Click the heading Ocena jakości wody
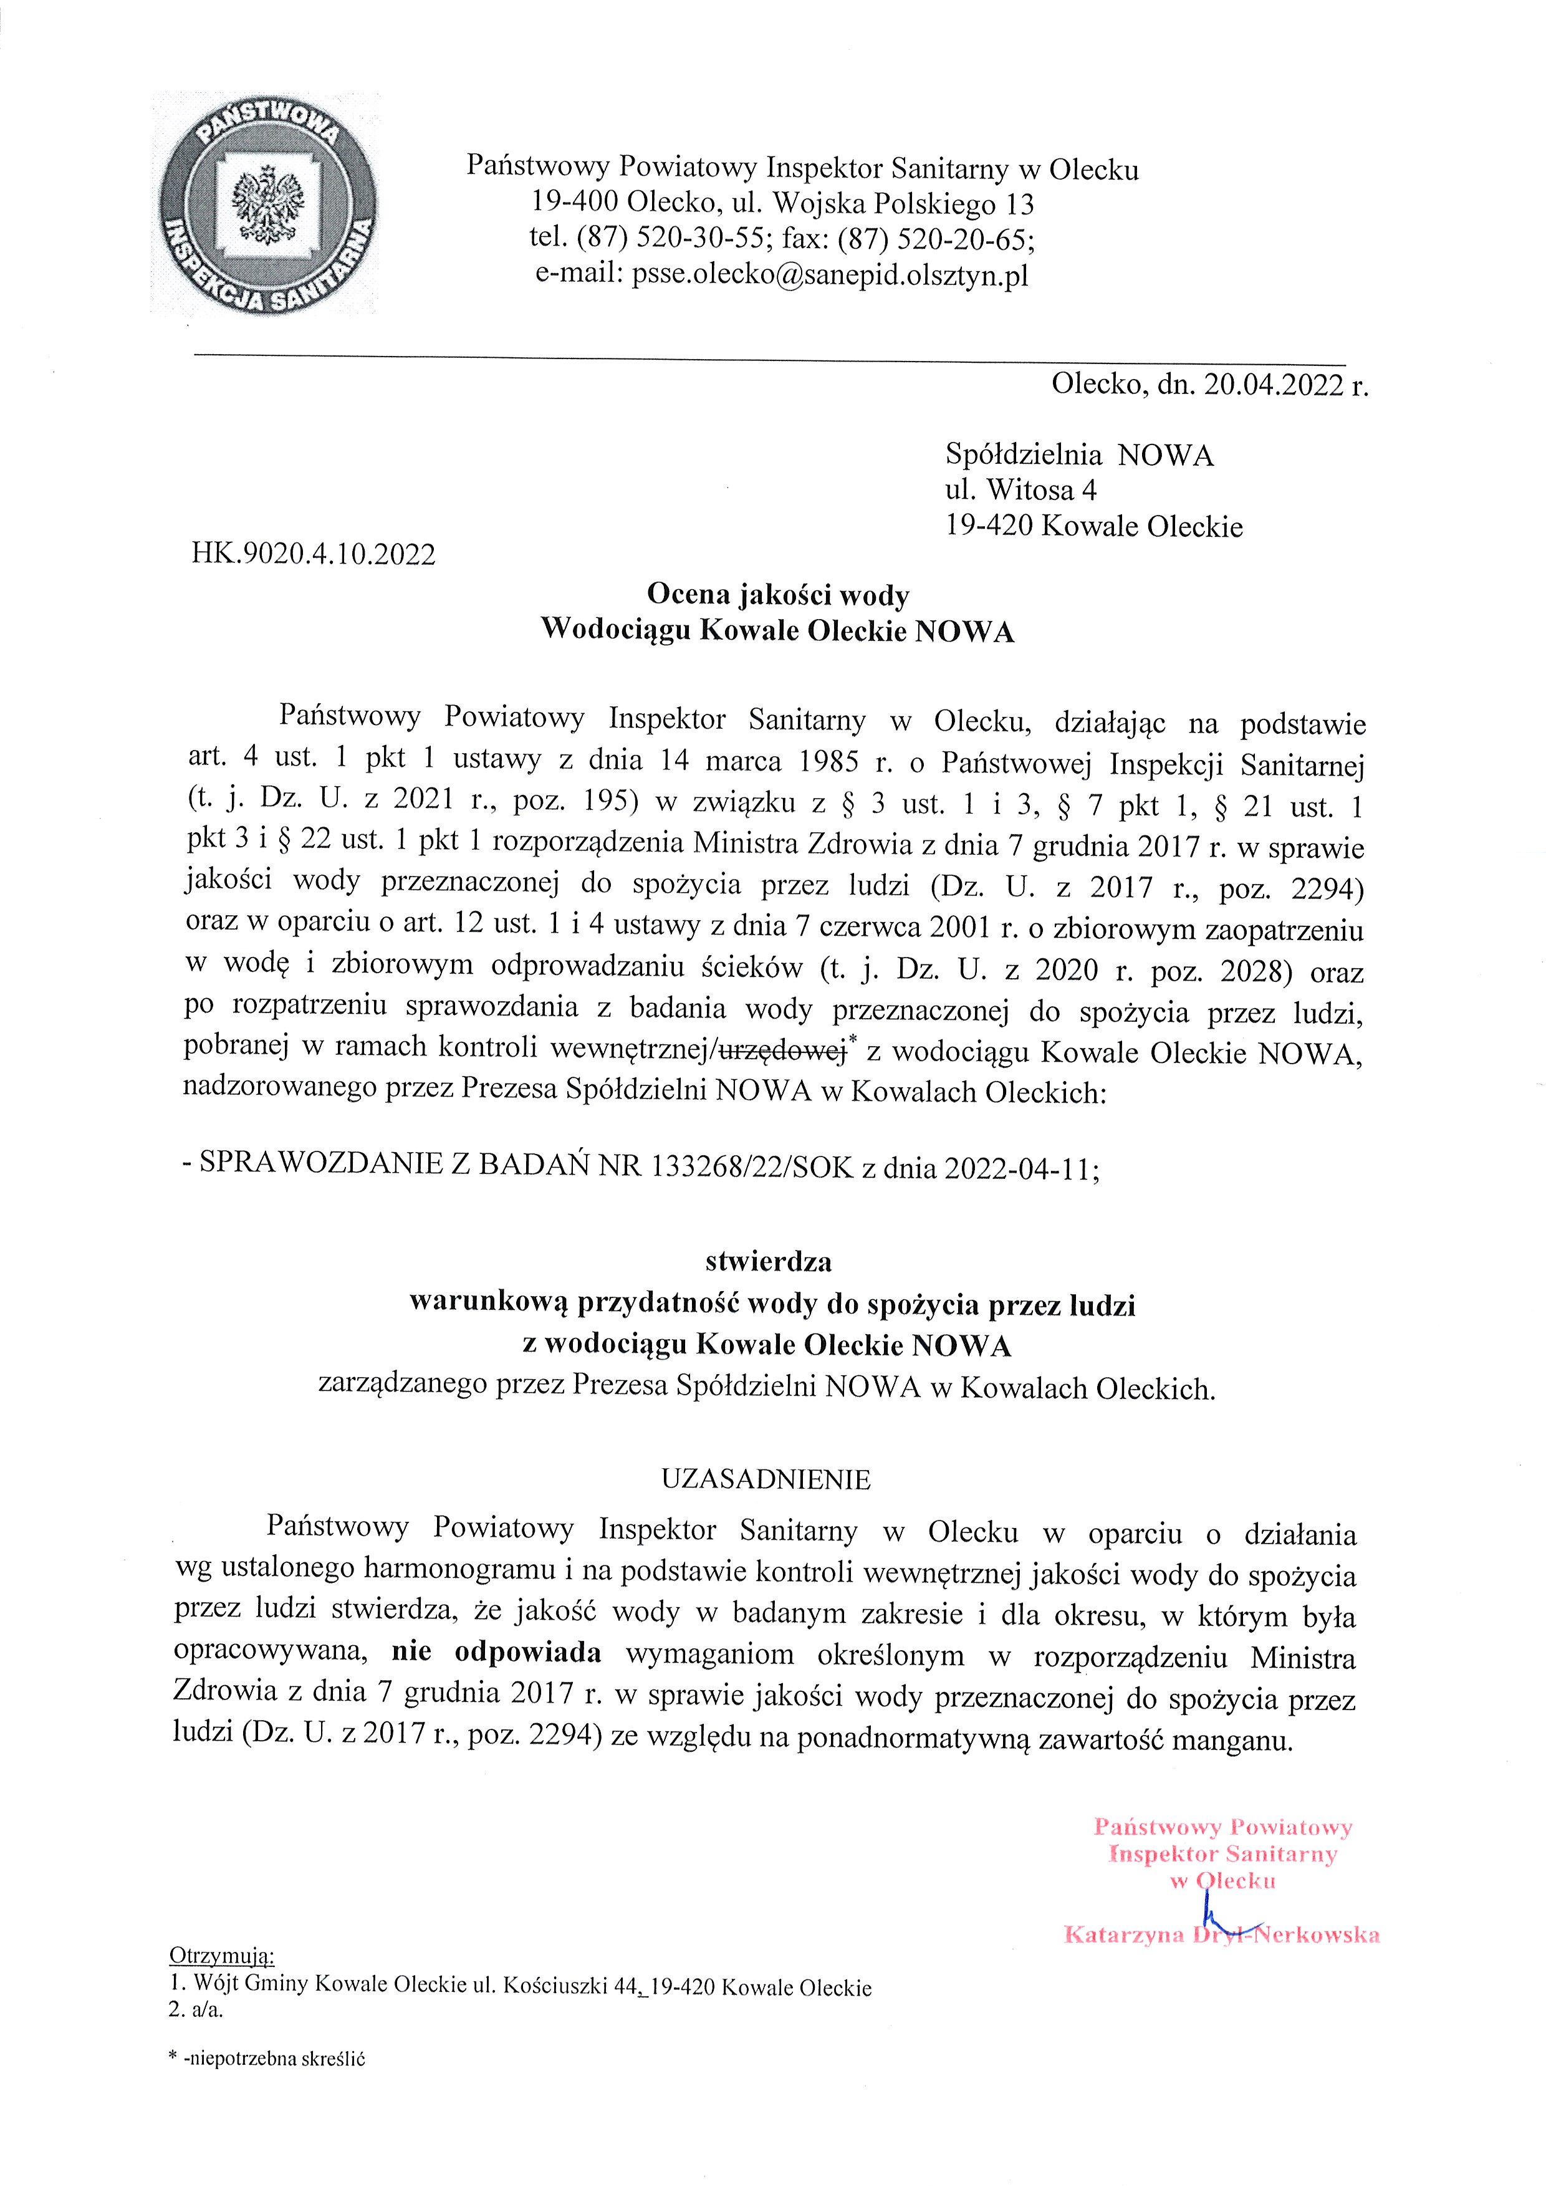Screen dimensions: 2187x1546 tap(777, 595)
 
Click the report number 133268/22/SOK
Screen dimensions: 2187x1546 tap(752, 1168)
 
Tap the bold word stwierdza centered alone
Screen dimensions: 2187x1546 tap(768, 1262)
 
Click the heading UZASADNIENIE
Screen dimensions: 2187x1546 tap(766, 1479)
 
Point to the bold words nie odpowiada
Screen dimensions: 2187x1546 tap(496, 1653)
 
